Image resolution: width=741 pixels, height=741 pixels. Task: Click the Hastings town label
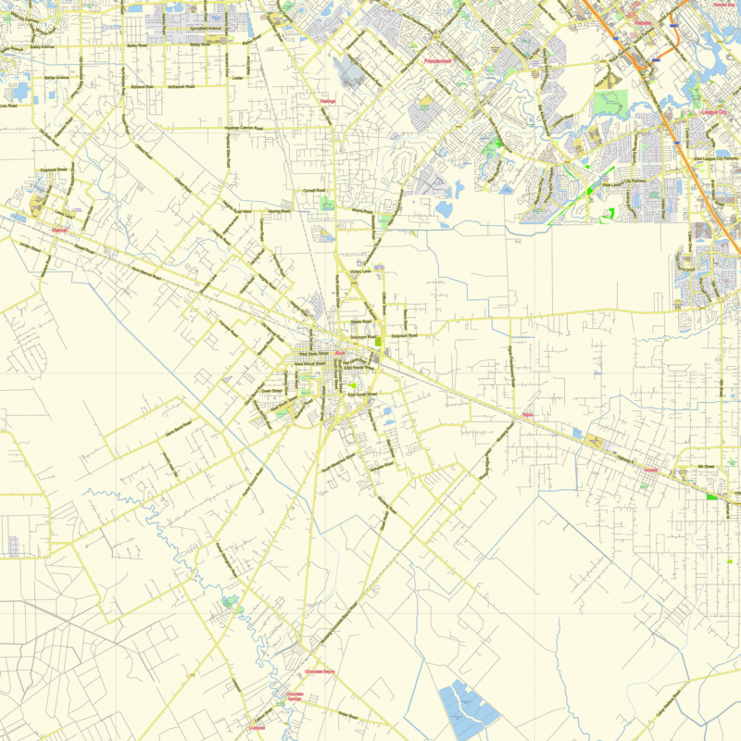(327, 100)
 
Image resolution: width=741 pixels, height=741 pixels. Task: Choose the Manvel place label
(61, 230)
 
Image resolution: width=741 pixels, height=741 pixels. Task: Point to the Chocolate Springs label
(295, 697)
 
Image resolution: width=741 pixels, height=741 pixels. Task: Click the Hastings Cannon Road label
(244, 128)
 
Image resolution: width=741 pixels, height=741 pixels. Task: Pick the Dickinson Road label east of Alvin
(406, 335)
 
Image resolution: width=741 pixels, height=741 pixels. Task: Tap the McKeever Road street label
(181, 86)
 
